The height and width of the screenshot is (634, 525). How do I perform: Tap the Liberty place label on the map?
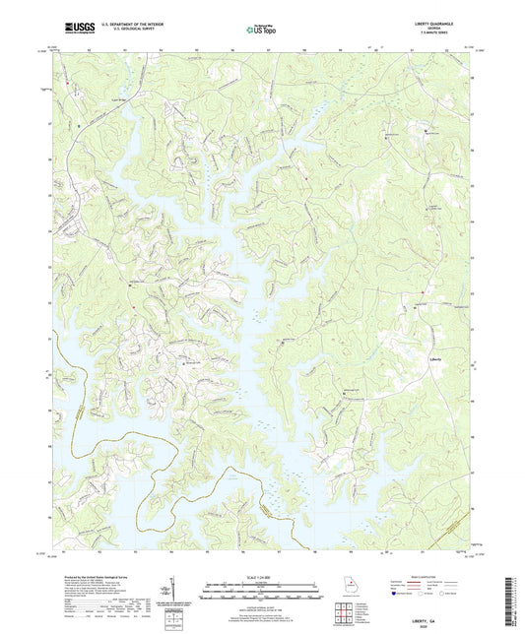[438, 358]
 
